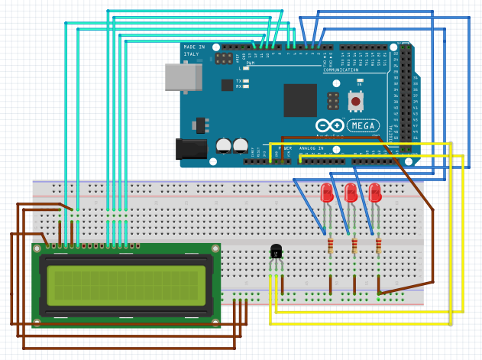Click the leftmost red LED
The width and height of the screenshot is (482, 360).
[326, 193]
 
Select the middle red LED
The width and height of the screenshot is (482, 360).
[351, 193]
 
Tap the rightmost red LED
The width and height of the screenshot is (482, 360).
[374, 193]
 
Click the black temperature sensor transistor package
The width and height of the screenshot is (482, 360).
[276, 251]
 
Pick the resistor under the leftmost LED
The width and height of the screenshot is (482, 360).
[330, 245]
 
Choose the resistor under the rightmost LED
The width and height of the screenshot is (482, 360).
[379, 245]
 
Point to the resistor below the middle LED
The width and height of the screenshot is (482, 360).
[354, 245]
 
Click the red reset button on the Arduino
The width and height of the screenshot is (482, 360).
[355, 100]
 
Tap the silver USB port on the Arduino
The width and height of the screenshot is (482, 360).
[183, 77]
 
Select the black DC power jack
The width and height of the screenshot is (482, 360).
[192, 148]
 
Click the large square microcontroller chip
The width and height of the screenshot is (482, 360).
[299, 100]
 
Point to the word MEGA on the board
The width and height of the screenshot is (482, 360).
[363, 125]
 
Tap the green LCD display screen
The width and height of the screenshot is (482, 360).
[126, 284]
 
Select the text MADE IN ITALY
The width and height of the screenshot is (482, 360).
[194, 50]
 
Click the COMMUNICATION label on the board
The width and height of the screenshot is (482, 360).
[341, 70]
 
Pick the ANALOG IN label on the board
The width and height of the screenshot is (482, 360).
[312, 148]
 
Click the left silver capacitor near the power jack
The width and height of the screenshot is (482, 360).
[223, 144]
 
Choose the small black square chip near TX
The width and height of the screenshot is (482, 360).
[227, 85]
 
